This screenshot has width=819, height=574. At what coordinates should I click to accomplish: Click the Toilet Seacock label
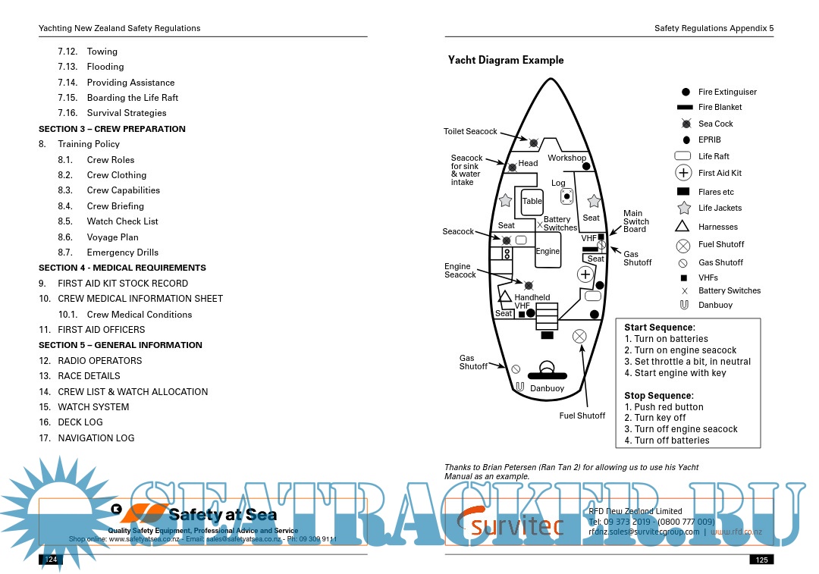coord(470,132)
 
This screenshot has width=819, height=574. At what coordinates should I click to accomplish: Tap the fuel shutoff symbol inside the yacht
coord(579,335)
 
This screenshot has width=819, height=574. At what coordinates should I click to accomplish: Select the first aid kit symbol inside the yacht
coord(585,274)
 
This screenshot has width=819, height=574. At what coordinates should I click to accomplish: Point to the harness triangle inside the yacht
coord(505,296)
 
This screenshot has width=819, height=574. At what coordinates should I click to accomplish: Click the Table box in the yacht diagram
coord(532,201)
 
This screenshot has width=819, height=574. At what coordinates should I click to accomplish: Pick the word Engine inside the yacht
coord(548,251)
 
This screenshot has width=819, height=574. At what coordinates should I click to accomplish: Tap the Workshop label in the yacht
coord(566,158)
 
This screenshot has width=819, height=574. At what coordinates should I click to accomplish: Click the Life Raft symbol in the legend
coord(682,156)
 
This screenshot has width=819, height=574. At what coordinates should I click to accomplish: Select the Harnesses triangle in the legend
coord(682,226)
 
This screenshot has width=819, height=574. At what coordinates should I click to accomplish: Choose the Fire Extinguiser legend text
coord(727,92)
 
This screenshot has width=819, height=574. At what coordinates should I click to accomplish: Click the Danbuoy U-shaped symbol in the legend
coord(683,305)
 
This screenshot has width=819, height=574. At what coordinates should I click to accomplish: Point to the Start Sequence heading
coord(659,328)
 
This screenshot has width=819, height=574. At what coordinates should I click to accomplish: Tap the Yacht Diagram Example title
coord(506,61)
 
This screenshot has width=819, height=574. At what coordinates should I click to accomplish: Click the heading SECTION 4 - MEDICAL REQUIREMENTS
coord(122,268)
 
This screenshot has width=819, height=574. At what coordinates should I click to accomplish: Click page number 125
coord(761,560)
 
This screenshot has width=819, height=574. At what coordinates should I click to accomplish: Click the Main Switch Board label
coord(634,221)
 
